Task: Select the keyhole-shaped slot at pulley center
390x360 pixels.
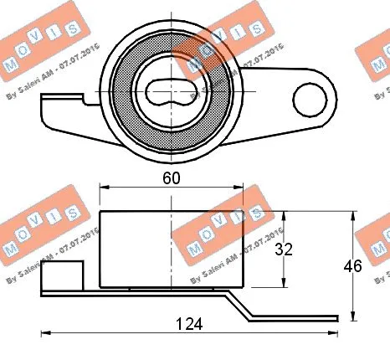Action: click(172, 90)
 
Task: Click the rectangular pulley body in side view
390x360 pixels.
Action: click(172, 249)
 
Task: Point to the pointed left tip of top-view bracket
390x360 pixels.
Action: click(43, 131)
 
